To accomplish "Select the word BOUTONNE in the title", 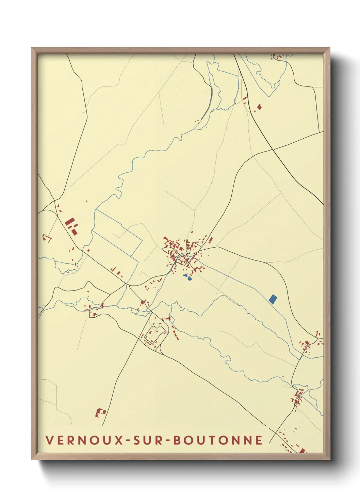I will tap(218, 440).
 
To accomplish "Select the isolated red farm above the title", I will tap(100, 413).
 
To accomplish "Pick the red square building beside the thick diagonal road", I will tap(260, 107).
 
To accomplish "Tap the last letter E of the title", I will tap(260, 440).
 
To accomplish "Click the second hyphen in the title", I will tap(167, 441).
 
